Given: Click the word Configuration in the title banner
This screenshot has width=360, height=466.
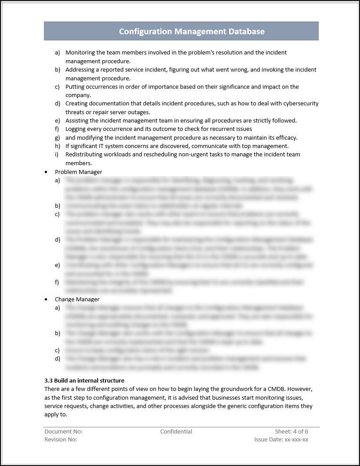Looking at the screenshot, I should pos(145,31).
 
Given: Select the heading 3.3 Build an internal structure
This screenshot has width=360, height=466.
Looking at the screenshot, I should pos(84,380).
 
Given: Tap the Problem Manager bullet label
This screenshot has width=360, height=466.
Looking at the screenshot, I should pos(78,172).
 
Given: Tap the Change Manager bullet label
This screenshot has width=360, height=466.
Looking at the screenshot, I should pos(77,299).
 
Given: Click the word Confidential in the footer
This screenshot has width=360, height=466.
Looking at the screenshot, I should pos(176,431).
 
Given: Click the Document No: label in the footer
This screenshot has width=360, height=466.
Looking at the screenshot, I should pos(63,431).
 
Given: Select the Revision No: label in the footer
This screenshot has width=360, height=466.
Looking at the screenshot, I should pos(61,439).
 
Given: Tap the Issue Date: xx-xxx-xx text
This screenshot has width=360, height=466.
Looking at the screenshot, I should pos(281,439).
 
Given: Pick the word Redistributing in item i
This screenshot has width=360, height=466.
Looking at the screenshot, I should pos(85,155).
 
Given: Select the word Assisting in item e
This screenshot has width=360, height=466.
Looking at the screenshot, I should pos(78,120).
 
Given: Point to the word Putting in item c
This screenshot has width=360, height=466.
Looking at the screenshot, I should pos(75,87).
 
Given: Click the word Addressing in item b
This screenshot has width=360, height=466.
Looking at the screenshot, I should pos(80,69).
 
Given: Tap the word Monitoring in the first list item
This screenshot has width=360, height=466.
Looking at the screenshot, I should pos(81,52).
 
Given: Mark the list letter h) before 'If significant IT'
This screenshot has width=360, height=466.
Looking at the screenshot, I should pos(58,146).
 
